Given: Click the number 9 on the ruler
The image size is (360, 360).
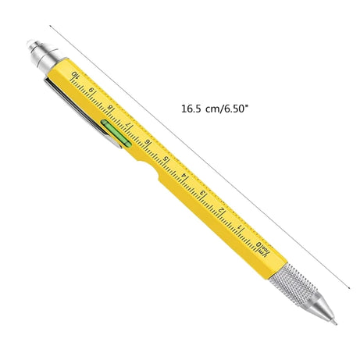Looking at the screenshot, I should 93,91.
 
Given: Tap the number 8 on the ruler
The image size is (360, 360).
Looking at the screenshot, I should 111,109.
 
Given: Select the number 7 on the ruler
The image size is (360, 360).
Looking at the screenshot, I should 130,125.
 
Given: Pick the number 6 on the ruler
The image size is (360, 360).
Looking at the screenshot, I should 148,143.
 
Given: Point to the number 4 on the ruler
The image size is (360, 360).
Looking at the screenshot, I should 184,176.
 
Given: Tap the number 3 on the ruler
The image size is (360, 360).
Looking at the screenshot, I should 202,194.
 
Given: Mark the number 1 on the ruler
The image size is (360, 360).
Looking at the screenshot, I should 239,228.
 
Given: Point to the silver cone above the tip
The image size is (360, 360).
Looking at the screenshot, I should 321,306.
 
